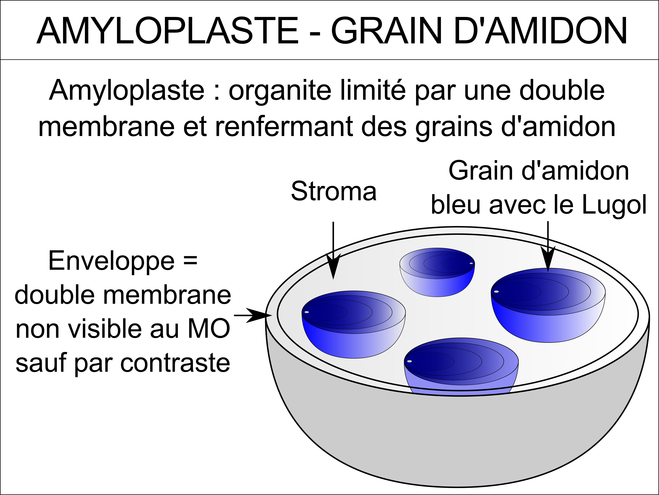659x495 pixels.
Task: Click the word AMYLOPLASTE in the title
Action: pyautogui.click(x=167, y=31)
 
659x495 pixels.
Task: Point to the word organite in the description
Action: pyautogui.click(x=280, y=91)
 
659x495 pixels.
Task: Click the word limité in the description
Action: pyautogui.click(x=373, y=90)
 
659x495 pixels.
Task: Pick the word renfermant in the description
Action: pyautogui.click(x=284, y=126)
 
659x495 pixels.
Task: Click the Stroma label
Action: pyautogui.click(x=334, y=191)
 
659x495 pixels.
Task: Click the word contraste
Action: pyautogui.click(x=175, y=363)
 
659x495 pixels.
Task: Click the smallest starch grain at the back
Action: pyautogui.click(x=437, y=272)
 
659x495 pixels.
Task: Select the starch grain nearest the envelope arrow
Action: pyautogui.click(x=354, y=324)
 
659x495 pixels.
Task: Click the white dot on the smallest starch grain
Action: pyautogui.click(x=471, y=263)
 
